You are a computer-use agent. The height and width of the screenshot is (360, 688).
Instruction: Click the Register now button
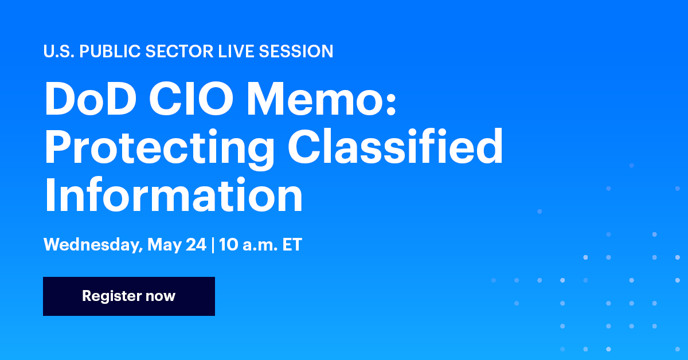pyautogui.click(x=129, y=296)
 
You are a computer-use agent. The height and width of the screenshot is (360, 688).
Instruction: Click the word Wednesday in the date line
pyautogui.click(x=92, y=245)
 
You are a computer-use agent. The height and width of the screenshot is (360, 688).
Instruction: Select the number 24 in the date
pyautogui.click(x=195, y=245)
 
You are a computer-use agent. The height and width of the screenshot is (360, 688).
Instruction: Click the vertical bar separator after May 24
pyautogui.click(x=213, y=245)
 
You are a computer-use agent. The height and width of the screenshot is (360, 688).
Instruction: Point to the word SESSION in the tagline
pyautogui.click(x=296, y=52)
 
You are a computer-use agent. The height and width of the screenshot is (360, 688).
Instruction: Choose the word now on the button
pyautogui.click(x=161, y=296)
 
